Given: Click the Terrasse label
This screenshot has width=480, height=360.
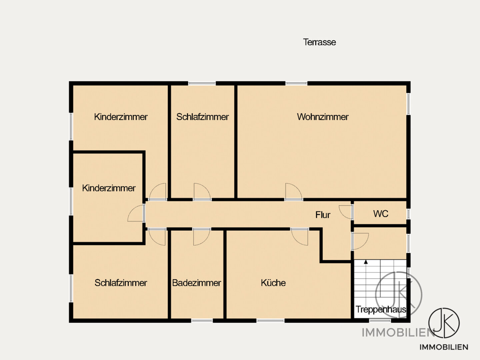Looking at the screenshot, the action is click(x=319, y=42).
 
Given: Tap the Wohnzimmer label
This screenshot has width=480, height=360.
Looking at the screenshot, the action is click(x=323, y=117).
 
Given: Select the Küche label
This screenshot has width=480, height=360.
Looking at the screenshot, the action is click(x=273, y=283).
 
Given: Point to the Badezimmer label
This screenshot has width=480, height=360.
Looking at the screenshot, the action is click(x=197, y=283).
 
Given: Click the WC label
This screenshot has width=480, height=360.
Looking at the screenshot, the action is click(x=381, y=214).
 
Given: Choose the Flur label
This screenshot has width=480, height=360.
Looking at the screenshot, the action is click(x=323, y=215).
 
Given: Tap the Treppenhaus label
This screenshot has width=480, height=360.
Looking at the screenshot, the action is click(x=381, y=309).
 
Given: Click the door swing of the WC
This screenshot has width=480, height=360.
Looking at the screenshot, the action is click(x=346, y=212).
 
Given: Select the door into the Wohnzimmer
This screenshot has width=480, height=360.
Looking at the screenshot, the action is click(x=294, y=192).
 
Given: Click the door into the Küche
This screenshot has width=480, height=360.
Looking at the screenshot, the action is click(x=300, y=237).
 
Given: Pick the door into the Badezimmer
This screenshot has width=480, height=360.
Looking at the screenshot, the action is click(x=202, y=237).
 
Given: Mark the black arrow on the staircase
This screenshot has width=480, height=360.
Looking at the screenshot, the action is click(x=366, y=262).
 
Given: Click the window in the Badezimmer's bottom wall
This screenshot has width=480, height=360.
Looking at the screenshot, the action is click(x=202, y=321).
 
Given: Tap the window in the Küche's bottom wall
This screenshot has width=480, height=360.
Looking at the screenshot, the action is click(x=270, y=321).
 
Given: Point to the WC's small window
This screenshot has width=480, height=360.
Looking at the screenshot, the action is click(x=408, y=214).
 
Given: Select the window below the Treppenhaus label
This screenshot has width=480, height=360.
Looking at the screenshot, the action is click(x=380, y=321).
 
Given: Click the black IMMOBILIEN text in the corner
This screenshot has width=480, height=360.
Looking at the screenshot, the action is click(x=444, y=347).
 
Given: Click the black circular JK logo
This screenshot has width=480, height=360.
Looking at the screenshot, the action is click(x=444, y=323).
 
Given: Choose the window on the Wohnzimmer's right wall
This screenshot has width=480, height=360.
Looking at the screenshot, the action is click(x=408, y=104).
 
